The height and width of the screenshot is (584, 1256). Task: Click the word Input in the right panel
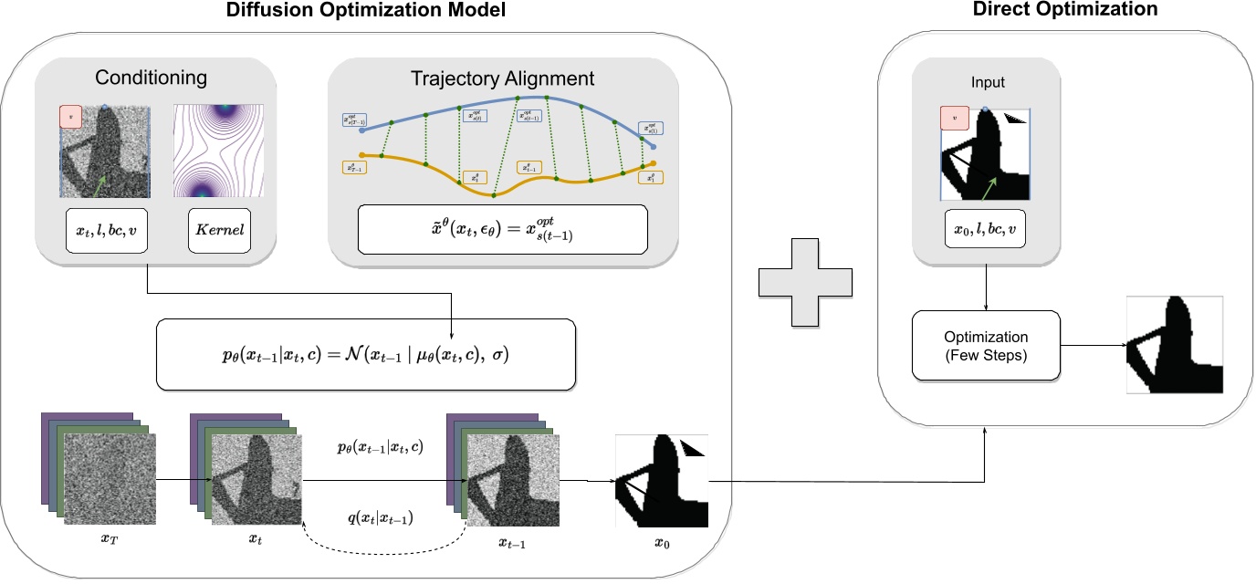coord(987,83)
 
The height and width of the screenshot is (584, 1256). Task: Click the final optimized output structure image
coord(1175,345)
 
